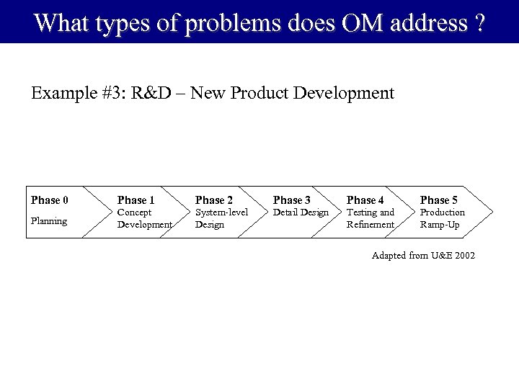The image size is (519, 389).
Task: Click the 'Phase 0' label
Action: (50, 200)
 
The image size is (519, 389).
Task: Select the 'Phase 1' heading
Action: (136, 200)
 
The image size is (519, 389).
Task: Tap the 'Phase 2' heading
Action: (214, 200)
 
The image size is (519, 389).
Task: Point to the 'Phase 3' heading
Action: (292, 200)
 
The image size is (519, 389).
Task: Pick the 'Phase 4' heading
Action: (365, 200)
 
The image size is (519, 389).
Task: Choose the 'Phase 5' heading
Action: (439, 200)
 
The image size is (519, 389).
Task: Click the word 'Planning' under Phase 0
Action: (49, 220)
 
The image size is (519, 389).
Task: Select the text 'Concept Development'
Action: (145, 218)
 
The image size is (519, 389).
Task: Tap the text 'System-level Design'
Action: (221, 218)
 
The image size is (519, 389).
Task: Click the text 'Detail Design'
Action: (301, 213)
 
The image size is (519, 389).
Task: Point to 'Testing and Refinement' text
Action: (371, 218)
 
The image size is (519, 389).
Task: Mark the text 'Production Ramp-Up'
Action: (443, 218)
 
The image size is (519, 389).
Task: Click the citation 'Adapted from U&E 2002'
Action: (423, 256)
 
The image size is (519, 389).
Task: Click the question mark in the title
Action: (479, 23)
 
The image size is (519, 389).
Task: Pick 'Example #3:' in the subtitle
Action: (76, 94)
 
